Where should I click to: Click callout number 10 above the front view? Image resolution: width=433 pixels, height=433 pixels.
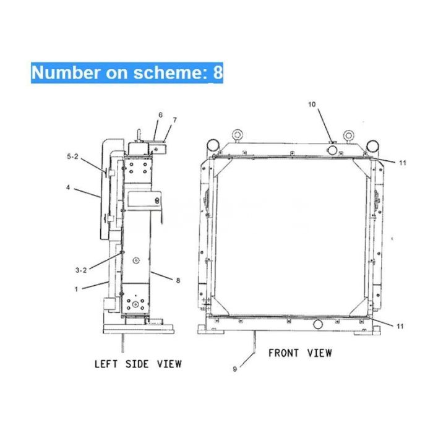point(312,105)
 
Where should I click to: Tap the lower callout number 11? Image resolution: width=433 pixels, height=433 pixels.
point(401,325)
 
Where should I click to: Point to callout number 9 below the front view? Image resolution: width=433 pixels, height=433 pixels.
point(234,370)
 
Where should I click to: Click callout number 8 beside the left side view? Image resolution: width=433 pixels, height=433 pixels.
point(178,280)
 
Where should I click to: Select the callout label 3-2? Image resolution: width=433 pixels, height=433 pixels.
point(80,270)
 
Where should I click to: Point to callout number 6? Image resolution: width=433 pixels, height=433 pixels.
point(160,115)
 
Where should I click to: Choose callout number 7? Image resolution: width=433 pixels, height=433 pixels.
point(175,119)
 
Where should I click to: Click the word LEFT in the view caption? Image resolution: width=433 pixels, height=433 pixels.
point(106,364)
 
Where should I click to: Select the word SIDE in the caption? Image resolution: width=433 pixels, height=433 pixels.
point(137,364)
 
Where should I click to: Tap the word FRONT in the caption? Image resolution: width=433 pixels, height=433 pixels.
point(282,353)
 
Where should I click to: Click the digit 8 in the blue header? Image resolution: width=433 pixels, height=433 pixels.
point(217,72)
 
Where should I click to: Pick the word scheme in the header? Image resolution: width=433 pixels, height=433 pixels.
point(169,72)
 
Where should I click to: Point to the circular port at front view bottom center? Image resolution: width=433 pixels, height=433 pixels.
point(318,324)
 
